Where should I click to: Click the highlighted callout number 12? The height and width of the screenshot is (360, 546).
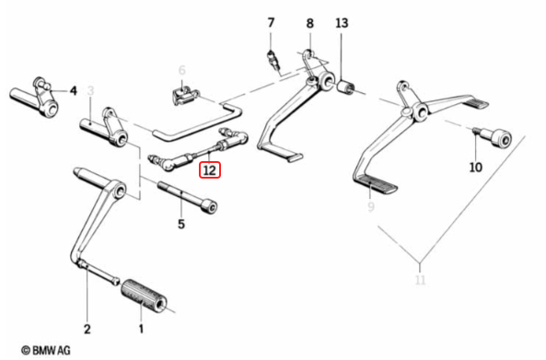[210, 169]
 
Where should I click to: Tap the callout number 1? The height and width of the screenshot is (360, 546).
[141, 329]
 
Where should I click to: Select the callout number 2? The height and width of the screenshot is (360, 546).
[87, 329]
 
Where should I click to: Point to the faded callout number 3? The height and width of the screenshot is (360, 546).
[91, 90]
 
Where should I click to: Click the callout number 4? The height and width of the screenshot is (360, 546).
[73, 89]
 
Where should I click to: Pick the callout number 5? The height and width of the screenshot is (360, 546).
[180, 224]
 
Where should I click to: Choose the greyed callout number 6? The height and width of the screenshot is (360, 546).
[181, 70]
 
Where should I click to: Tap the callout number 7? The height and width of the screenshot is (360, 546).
[271, 22]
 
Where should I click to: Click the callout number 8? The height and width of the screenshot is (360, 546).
[309, 22]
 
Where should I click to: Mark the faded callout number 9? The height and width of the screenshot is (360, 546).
[371, 209]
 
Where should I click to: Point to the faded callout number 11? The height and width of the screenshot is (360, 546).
[419, 280]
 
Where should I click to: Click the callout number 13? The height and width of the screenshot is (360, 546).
[343, 22]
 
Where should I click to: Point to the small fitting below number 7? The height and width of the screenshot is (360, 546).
[273, 60]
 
